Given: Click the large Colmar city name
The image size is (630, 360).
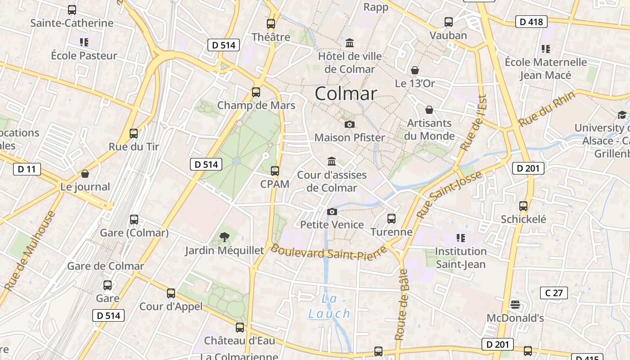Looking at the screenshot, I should point(346,94).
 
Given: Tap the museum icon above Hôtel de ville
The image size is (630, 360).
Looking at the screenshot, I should point(350,43).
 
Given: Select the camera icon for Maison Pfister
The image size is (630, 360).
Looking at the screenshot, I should point(349,124).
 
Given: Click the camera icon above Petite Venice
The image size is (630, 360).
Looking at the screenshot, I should point(332,211).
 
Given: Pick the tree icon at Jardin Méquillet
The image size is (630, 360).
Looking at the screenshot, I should point(224,237).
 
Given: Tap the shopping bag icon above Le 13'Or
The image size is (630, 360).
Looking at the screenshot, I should point(415,70).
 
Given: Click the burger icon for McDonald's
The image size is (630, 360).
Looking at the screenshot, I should point(515,305).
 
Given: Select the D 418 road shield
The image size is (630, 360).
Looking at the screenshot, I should point(531,22).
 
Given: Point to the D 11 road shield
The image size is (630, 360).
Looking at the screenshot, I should point(27,169).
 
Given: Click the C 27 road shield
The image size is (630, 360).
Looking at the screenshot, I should point(554,293).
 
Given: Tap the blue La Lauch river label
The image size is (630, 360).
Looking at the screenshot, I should point(329,306).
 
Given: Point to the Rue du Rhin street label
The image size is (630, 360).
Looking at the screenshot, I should point(547,109).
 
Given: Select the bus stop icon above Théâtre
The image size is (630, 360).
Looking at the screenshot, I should point(271,24).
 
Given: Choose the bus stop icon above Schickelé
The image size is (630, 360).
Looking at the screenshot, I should point(523,206).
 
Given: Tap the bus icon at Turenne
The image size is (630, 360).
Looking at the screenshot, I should point(391,219).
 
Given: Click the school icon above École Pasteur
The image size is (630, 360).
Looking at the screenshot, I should point(84,42).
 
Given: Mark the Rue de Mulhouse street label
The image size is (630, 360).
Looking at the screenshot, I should point(30,250).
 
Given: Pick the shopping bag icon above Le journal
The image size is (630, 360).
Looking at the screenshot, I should point(85,174).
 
